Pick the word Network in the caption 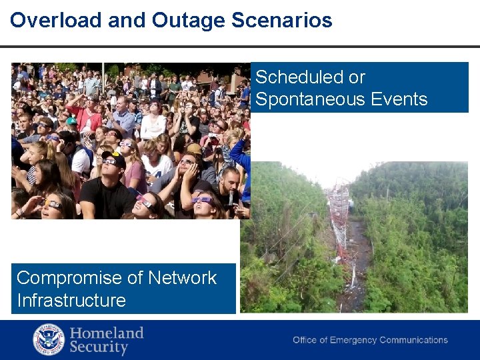tap(181, 277)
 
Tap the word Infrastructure tap(71, 300)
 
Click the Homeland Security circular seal tap(49, 339)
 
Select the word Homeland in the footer tap(107, 333)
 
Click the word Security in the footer tap(99, 347)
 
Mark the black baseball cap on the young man tap(114, 158)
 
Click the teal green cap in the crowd tap(71, 121)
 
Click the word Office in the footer tap(305, 340)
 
